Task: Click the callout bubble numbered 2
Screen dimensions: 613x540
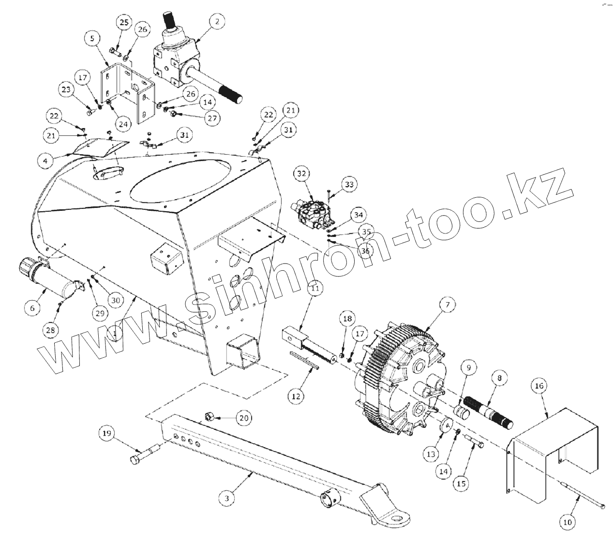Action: pyautogui.click(x=217, y=22)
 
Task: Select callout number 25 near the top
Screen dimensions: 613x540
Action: pyautogui.click(x=124, y=22)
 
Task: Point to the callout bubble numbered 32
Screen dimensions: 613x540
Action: pyautogui.click(x=302, y=174)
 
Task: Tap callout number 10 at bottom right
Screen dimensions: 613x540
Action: pyautogui.click(x=568, y=522)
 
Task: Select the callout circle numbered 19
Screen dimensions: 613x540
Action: pyautogui.click(x=107, y=434)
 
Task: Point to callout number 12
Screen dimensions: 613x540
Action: pyautogui.click(x=296, y=396)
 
